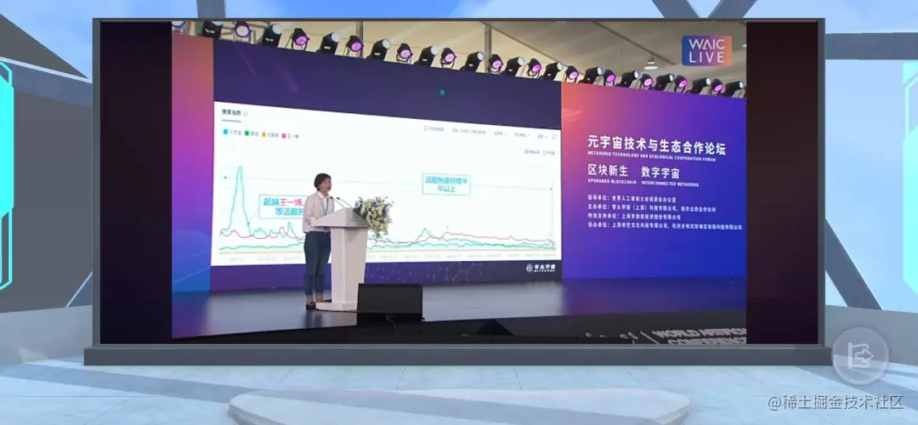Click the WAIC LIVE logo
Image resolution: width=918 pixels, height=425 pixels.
pyautogui.click(x=707, y=50)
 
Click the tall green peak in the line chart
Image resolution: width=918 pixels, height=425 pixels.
pyautogui.click(x=239, y=173)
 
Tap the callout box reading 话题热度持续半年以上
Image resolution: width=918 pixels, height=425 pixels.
pyautogui.click(x=447, y=184)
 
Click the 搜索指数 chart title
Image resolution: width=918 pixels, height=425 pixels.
pyautogui.click(x=232, y=112)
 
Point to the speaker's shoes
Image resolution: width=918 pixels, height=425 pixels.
pyautogui.click(x=312, y=304)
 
